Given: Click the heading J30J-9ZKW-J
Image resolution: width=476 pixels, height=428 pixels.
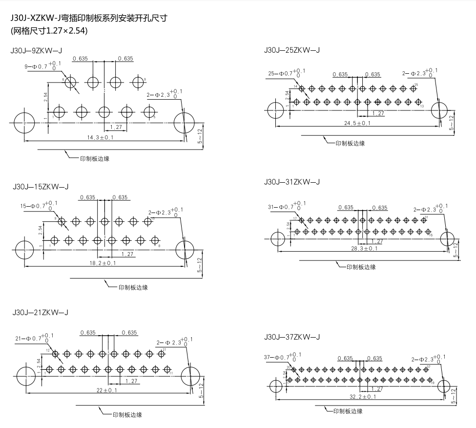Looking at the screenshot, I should click(39, 50).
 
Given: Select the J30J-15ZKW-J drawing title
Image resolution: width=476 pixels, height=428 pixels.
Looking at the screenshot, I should click(41, 186).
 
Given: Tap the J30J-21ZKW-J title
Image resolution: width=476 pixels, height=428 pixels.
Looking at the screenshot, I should click(41, 312).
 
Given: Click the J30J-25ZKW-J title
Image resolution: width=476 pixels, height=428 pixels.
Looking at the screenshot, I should click(291, 50).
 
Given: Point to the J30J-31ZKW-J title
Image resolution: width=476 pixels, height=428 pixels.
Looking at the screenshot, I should click(291, 182).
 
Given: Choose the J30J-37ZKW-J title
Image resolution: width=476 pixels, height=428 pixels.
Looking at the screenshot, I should click(291, 337).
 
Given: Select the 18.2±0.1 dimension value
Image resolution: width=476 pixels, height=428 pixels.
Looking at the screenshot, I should click(102, 263).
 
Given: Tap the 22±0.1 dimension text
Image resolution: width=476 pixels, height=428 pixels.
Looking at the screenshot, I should click(103, 390).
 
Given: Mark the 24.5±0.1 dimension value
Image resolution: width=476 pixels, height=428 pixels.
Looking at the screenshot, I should click(357, 123).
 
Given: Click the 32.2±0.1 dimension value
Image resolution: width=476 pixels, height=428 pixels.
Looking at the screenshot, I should click(362, 397).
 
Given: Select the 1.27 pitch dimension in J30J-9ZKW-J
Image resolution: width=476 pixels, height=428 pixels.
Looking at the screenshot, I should click(116, 127).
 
